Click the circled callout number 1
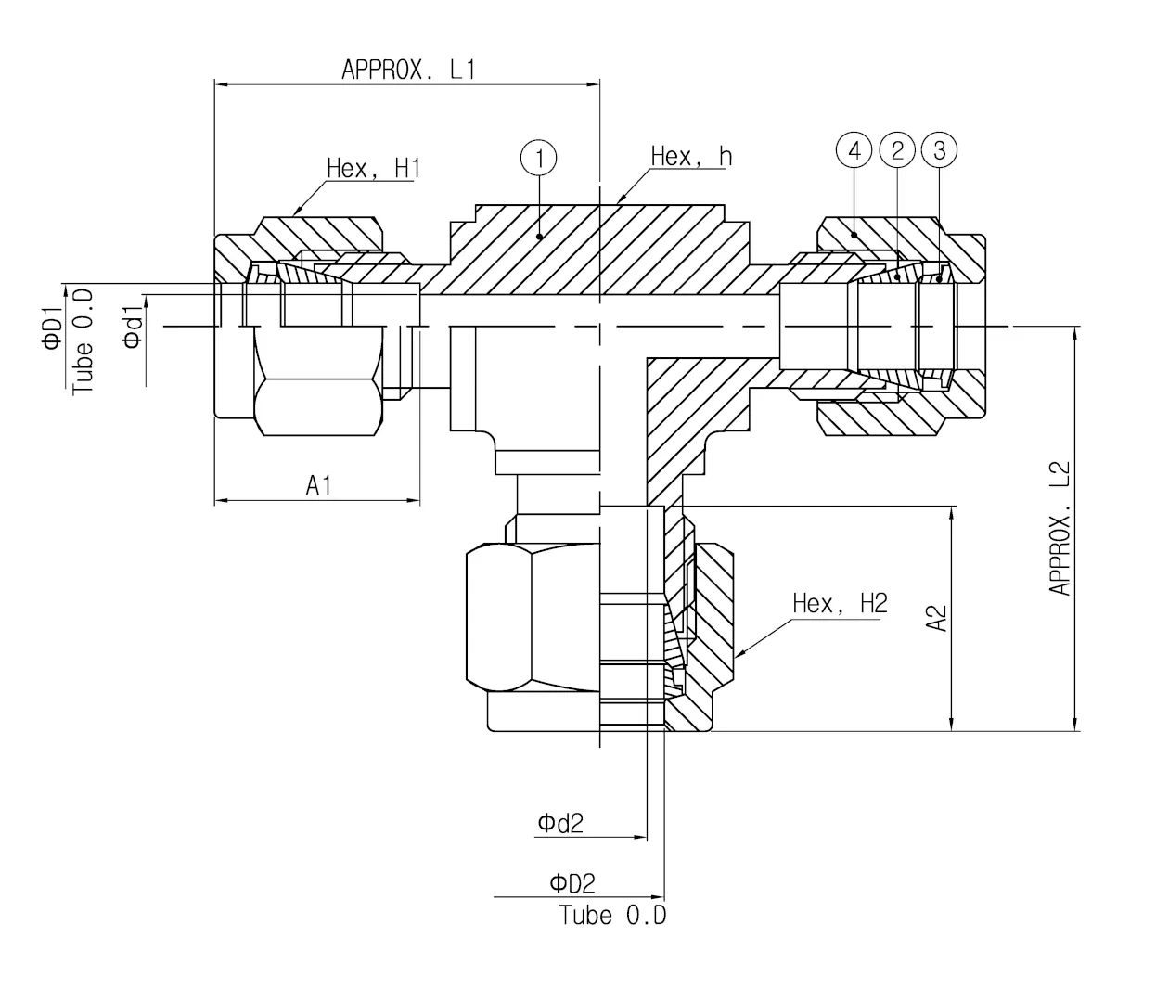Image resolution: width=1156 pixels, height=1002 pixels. tap(539, 157)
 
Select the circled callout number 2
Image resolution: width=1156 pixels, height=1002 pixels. tap(897, 149)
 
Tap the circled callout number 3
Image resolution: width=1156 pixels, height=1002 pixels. tap(940, 149)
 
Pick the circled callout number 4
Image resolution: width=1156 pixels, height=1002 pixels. tap(854, 149)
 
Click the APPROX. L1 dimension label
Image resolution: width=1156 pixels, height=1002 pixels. tap(408, 70)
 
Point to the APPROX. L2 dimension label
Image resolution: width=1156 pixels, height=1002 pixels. tap(1060, 528)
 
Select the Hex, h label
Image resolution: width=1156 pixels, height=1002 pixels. tap(691, 156)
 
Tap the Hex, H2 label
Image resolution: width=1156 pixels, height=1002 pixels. tap(840, 603)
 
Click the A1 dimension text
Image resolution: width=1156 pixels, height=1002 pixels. tap(319, 484)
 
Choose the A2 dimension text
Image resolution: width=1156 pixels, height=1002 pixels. tap(938, 618)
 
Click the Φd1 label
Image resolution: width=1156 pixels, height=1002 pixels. tap(133, 328)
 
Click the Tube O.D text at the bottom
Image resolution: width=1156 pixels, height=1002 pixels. tap(612, 916)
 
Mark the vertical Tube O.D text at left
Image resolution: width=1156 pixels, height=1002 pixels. tap(83, 340)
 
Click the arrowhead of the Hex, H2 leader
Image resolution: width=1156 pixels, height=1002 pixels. tap(737, 656)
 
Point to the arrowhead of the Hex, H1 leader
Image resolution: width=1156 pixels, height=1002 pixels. tap(295, 213)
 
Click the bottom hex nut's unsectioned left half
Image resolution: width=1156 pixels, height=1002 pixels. tap(533, 617)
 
